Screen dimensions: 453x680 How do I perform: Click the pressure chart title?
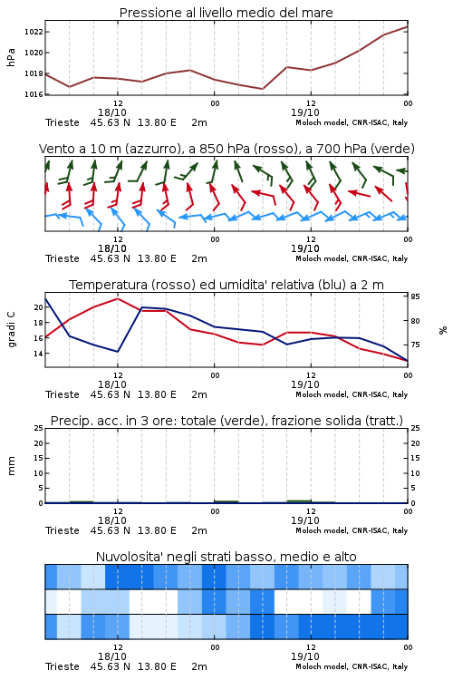tap(226, 13)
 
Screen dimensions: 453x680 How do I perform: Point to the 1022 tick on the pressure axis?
tap(34, 32)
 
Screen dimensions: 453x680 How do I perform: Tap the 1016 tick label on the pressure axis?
tap(34, 94)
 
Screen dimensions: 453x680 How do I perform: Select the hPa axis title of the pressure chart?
tap(11, 57)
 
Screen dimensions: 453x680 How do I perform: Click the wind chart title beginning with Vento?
tap(226, 149)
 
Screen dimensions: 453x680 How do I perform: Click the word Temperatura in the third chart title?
tap(108, 285)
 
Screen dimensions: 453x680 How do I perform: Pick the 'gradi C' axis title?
tap(11, 329)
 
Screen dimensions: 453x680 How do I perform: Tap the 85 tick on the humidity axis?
tap(415, 296)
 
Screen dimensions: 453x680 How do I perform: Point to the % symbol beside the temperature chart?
tap(443, 330)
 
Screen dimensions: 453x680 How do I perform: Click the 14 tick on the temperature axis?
tap(38, 354)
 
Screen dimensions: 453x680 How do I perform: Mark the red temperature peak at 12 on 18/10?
tap(118, 298)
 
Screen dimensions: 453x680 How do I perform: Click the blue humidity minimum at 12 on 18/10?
tap(118, 351)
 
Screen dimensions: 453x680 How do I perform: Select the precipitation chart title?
tap(226, 421)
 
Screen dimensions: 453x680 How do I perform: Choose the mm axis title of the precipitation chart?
tap(11, 466)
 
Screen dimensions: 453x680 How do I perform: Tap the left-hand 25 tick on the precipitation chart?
tap(38, 428)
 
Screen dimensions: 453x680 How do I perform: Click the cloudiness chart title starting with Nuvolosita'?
tap(226, 557)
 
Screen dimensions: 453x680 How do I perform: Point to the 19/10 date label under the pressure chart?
tap(305, 112)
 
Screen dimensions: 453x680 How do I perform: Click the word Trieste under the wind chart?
tap(63, 258)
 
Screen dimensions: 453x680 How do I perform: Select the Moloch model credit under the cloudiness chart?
tap(352, 666)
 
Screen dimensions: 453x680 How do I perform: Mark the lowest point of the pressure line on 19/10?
tap(262, 89)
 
